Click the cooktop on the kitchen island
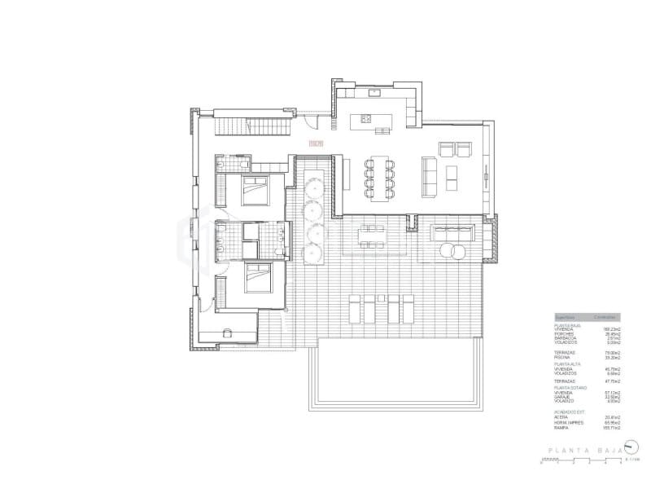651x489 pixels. [365, 121]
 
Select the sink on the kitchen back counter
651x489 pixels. [374, 94]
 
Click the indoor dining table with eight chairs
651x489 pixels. [378, 177]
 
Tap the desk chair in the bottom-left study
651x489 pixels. [229, 333]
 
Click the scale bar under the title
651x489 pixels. [581, 462]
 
